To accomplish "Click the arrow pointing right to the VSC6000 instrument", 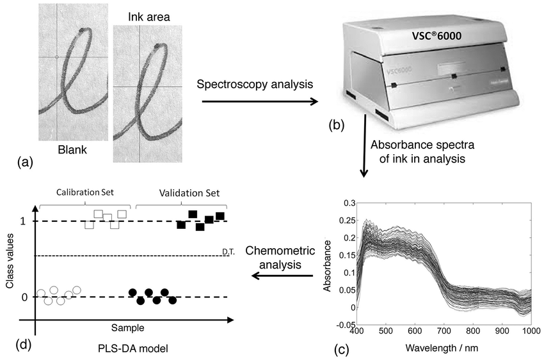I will coord(256,102).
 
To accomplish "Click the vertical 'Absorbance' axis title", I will coord(328,266).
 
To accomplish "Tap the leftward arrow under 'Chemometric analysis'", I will coord(281,276).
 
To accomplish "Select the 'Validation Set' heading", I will coord(181,192).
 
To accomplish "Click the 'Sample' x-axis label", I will coord(128,327).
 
